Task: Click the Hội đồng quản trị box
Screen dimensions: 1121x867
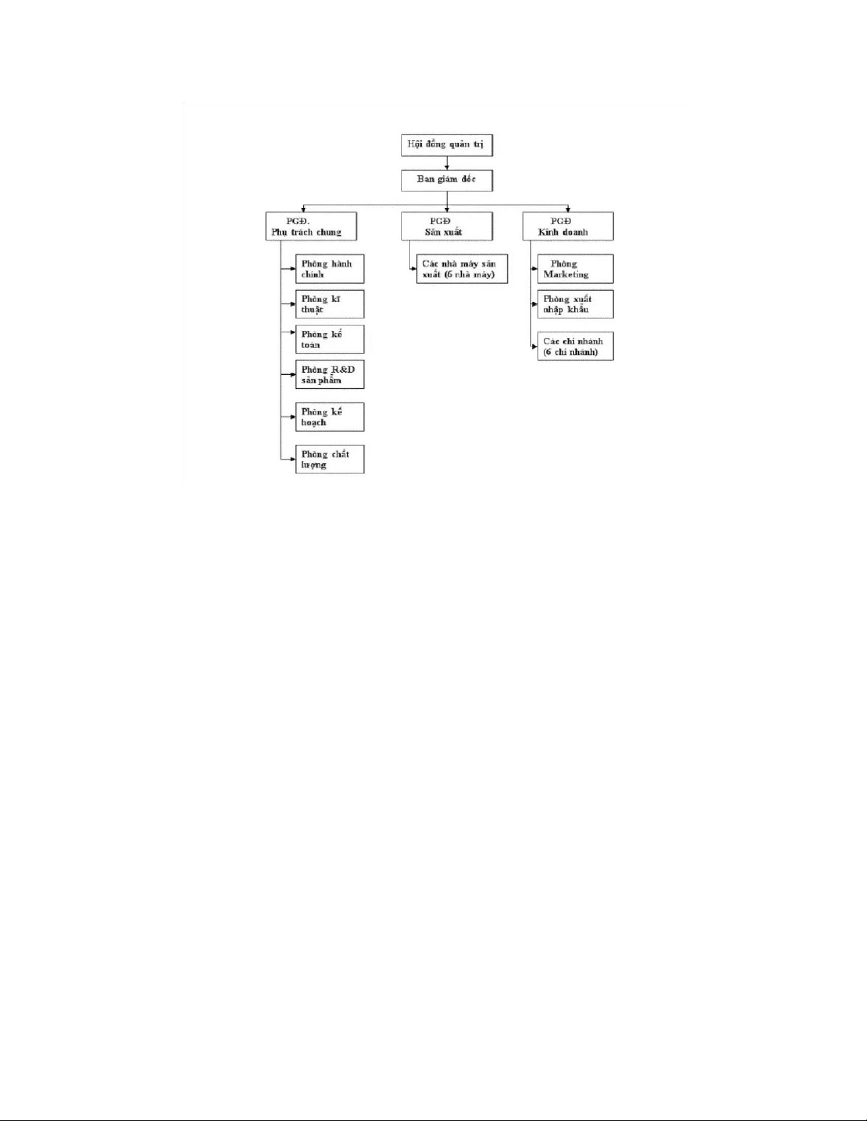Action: [446, 145]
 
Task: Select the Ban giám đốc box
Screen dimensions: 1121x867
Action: [446, 180]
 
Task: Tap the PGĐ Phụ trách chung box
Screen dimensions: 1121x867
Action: [311, 226]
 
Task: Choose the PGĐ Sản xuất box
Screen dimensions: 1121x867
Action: [447, 226]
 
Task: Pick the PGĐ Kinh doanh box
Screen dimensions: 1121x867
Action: [568, 226]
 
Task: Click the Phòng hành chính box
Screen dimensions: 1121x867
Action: [330, 269]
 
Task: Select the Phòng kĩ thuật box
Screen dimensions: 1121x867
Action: [330, 304]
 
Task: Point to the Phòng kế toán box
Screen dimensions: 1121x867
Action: [330, 339]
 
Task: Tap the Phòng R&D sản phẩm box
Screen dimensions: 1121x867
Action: [330, 375]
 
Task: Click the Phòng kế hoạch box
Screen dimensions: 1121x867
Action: [330, 417]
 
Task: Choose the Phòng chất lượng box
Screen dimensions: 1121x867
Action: [330, 460]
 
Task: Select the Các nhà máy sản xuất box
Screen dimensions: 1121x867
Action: [462, 269]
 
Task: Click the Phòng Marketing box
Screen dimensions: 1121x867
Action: [575, 269]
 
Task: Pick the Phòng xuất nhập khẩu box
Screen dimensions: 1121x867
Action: [575, 304]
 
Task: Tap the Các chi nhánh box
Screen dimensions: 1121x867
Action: [575, 347]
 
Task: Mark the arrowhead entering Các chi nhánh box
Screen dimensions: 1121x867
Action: [534, 347]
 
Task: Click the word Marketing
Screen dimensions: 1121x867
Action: [565, 274]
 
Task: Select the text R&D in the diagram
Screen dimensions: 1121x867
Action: [343, 369]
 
